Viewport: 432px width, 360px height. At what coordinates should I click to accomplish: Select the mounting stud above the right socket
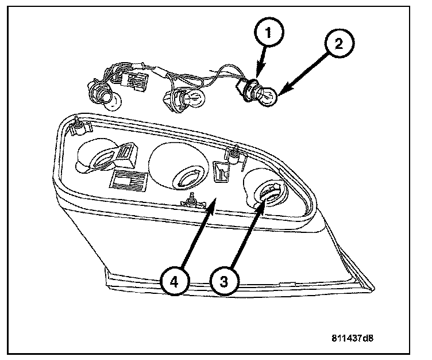click(235, 154)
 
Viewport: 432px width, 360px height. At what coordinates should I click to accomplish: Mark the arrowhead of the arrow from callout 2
click(283, 91)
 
